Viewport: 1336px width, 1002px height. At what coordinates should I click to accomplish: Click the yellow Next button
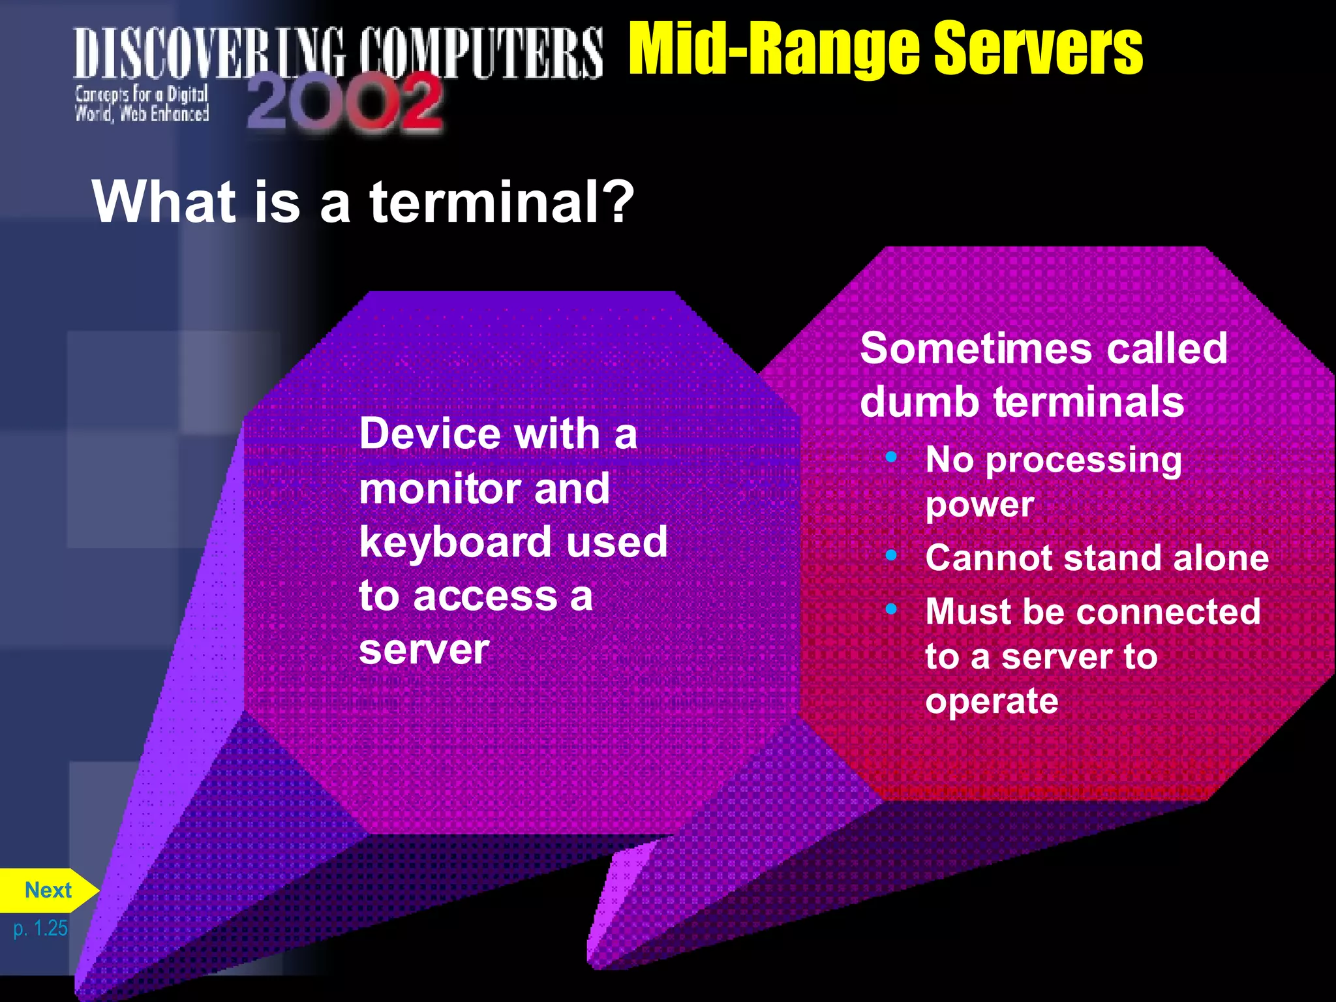pos(47,890)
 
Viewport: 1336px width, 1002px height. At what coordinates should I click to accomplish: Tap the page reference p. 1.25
pos(40,928)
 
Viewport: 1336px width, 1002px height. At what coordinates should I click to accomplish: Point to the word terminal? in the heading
pos(502,202)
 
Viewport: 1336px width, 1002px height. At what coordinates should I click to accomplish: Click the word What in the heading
pos(164,202)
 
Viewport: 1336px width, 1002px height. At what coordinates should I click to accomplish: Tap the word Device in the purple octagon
pos(425,433)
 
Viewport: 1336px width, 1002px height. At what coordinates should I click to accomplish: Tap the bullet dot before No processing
pos(891,457)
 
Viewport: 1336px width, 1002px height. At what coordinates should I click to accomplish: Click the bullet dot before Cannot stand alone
pos(891,555)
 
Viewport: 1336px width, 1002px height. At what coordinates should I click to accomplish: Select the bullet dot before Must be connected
pos(891,609)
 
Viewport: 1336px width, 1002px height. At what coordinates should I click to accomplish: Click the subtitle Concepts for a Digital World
pos(142,104)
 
